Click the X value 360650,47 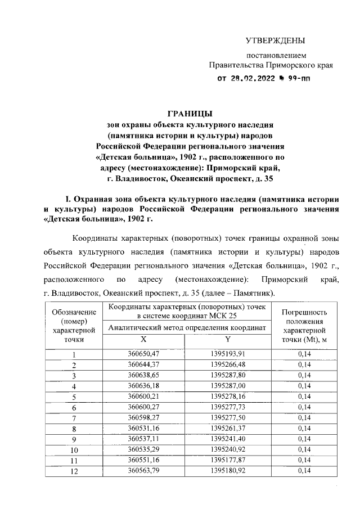tap(143, 354)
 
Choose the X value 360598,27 tap(143, 417)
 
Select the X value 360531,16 tap(143, 428)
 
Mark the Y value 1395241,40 tap(227, 439)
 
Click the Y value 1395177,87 tap(227, 460)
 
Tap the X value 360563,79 tap(143, 470)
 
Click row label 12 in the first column tap(74, 471)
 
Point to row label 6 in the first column tap(74, 407)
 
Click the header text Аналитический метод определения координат tap(185, 328)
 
